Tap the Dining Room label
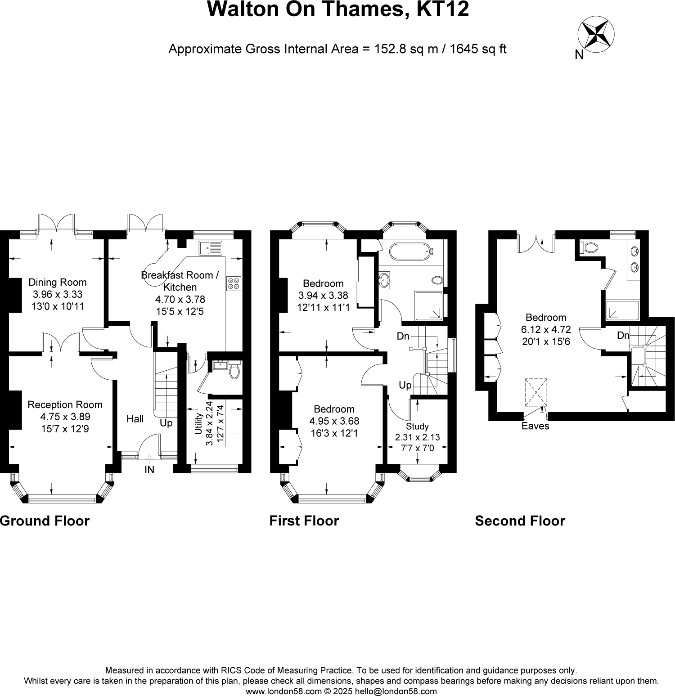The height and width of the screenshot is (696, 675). point(57,282)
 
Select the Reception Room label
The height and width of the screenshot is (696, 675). point(65,404)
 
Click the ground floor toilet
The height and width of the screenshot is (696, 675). point(234,371)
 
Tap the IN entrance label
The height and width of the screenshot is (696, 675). point(149,470)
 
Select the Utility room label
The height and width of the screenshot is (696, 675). point(198,424)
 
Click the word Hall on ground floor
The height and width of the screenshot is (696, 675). point(135,419)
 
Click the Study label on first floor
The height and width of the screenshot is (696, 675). point(417,426)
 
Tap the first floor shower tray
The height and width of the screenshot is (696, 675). point(429,306)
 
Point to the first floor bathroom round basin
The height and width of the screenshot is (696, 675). point(385,280)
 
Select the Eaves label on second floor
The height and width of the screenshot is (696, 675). point(535,426)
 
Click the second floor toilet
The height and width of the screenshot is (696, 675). point(590,247)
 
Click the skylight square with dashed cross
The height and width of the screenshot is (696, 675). point(536,392)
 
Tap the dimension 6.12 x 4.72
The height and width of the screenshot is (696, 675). point(546,329)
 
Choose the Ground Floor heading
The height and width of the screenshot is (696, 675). point(45,521)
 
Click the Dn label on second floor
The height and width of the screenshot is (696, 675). point(623,335)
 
